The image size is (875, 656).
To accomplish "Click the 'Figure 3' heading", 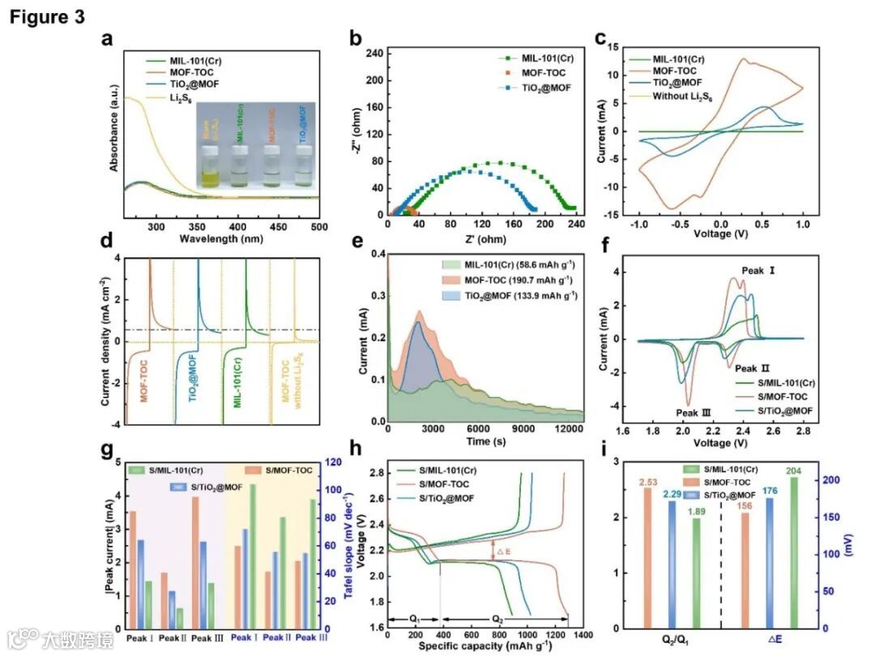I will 47,17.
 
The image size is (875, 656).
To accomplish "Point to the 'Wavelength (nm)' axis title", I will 217,238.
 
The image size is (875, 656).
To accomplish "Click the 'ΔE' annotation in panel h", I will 502,552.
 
